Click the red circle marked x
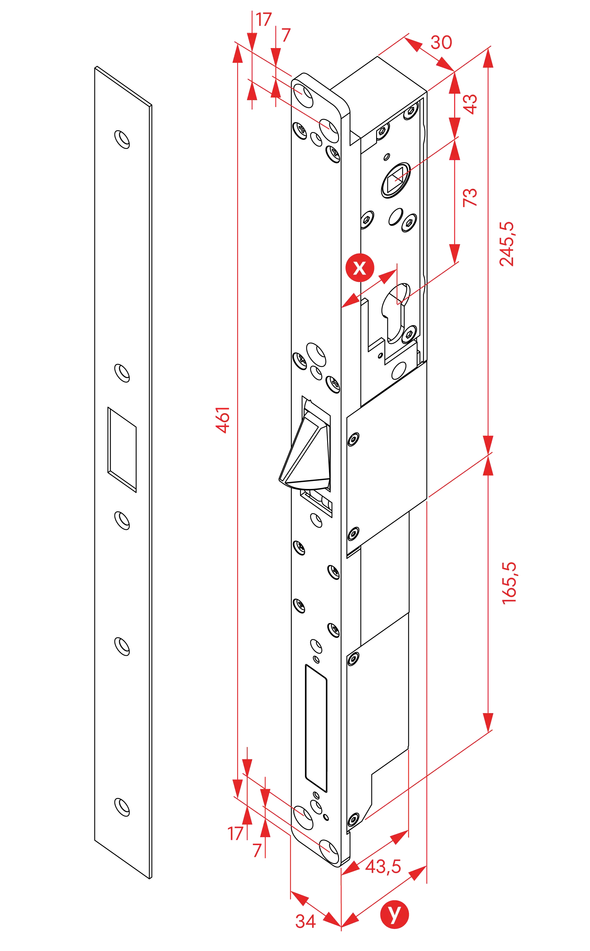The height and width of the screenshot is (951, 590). point(359,267)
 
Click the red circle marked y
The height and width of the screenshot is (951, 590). point(394,914)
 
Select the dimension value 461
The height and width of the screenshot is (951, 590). point(223,419)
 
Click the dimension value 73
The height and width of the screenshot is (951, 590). point(470,197)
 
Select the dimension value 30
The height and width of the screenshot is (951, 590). point(441,42)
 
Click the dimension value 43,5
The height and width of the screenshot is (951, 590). point(383,866)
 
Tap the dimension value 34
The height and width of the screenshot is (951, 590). point(305,921)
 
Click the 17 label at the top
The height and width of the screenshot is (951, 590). point(263,19)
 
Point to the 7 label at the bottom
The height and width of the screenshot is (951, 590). point(256,850)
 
